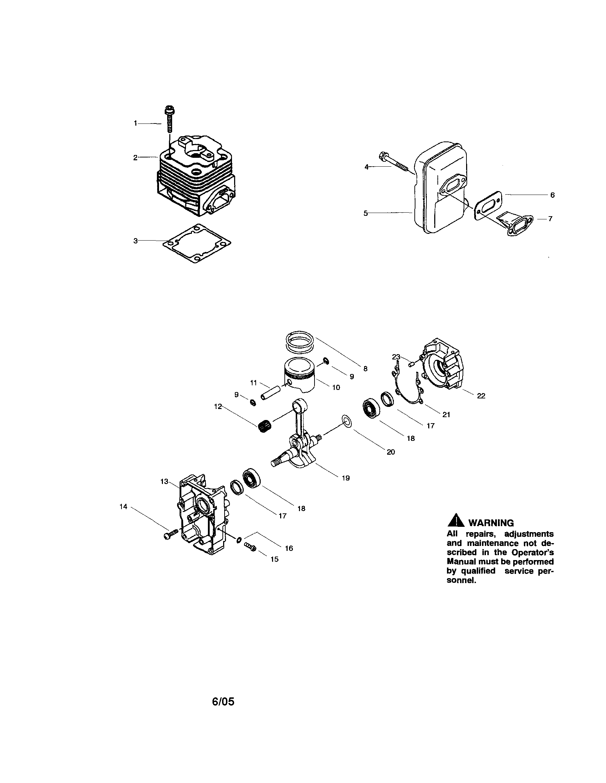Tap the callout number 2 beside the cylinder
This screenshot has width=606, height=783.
point(135,157)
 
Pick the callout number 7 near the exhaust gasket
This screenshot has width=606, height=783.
point(550,219)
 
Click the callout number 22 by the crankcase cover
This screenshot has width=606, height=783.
point(481,396)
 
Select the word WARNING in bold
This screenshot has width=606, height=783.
point(491,523)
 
